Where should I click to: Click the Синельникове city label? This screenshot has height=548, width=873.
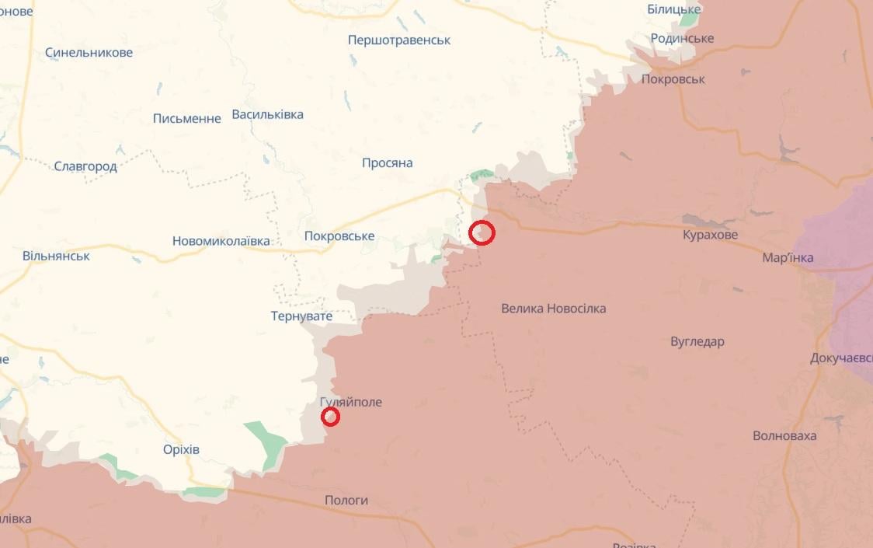(x=89, y=53)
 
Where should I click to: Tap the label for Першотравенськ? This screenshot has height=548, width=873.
(x=399, y=40)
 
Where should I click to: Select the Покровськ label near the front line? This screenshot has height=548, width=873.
(x=673, y=79)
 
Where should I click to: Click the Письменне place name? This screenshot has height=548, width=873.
(x=187, y=118)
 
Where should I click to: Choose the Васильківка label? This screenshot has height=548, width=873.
(x=268, y=115)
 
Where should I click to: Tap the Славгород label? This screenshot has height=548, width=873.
(x=85, y=166)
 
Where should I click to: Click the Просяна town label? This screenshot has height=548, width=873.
(x=388, y=163)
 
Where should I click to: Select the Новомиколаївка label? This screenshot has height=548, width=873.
(x=221, y=241)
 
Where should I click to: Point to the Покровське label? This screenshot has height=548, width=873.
(x=339, y=236)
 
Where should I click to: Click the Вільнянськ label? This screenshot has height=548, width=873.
(x=56, y=256)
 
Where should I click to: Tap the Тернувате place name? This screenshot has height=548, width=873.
(x=301, y=316)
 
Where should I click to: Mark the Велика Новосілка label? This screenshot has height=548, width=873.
(x=554, y=309)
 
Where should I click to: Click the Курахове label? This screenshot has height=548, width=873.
(x=711, y=235)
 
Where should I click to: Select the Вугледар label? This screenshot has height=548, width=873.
(x=697, y=342)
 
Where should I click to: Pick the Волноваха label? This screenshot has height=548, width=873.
(x=784, y=436)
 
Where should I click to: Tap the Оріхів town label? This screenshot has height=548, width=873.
(x=182, y=450)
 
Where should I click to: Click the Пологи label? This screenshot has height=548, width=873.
(x=346, y=501)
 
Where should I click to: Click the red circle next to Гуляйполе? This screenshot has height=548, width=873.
(x=330, y=417)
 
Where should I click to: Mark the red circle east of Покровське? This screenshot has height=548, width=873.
(x=482, y=232)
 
